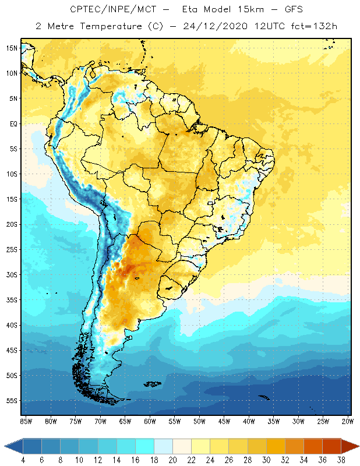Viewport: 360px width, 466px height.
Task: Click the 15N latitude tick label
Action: (x=12, y=48)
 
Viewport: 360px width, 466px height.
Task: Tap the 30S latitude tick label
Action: (x=12, y=274)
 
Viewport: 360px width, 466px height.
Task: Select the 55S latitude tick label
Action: (x=12, y=401)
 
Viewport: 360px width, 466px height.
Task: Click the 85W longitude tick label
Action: (x=26, y=421)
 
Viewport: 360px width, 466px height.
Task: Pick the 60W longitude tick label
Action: (x=150, y=421)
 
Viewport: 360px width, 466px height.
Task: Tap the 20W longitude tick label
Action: (x=348, y=421)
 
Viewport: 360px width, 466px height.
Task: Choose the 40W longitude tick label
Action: (x=249, y=421)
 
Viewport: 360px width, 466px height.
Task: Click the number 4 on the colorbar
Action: (x=23, y=460)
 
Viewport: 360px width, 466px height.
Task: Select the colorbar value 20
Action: (x=172, y=460)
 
